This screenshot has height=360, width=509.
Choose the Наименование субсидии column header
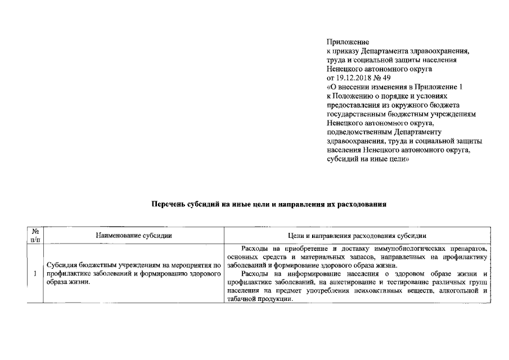(133, 236)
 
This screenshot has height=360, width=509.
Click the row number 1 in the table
(35, 274)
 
